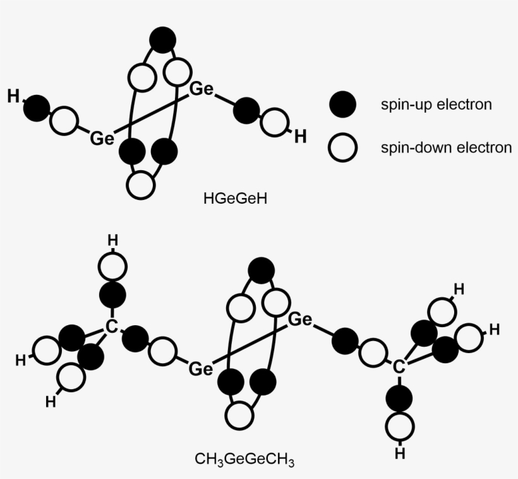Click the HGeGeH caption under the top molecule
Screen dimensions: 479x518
[x=236, y=198]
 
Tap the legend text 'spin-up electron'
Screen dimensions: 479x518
[x=436, y=104]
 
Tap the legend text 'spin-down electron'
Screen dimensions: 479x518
[x=446, y=148]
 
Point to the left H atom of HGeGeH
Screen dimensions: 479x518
[x=13, y=96]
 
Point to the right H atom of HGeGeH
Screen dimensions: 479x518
[x=301, y=136]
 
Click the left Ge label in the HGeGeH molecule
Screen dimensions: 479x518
[x=102, y=137]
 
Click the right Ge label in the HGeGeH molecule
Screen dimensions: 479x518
[x=202, y=89]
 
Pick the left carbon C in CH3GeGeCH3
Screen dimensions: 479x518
[x=111, y=327]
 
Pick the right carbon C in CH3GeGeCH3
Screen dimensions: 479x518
[x=398, y=366]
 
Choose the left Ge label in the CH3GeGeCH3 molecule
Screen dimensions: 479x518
[x=201, y=368]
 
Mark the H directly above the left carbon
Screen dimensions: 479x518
[x=112, y=240]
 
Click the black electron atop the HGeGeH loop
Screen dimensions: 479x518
[x=162, y=40]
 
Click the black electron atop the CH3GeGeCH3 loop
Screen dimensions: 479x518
[x=261, y=271]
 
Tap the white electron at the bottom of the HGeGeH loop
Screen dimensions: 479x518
[x=140, y=185]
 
